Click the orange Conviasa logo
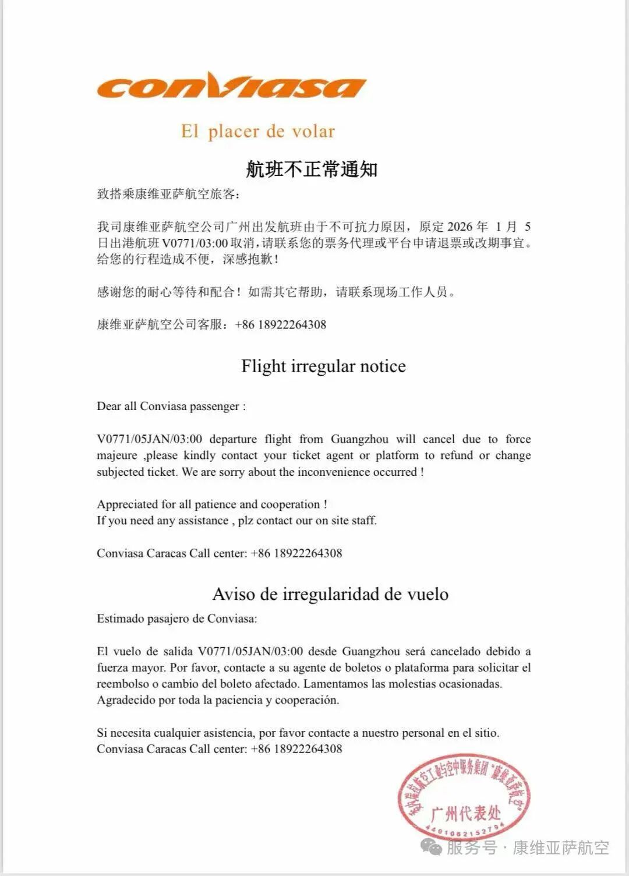click(231, 87)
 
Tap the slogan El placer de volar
click(257, 131)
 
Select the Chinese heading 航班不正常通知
click(312, 169)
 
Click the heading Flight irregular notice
click(323, 366)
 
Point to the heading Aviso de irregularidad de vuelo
click(330, 594)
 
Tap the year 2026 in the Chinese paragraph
click(460, 227)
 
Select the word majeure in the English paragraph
click(117, 455)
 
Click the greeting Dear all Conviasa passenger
click(171, 407)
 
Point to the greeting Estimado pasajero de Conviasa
click(176, 619)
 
